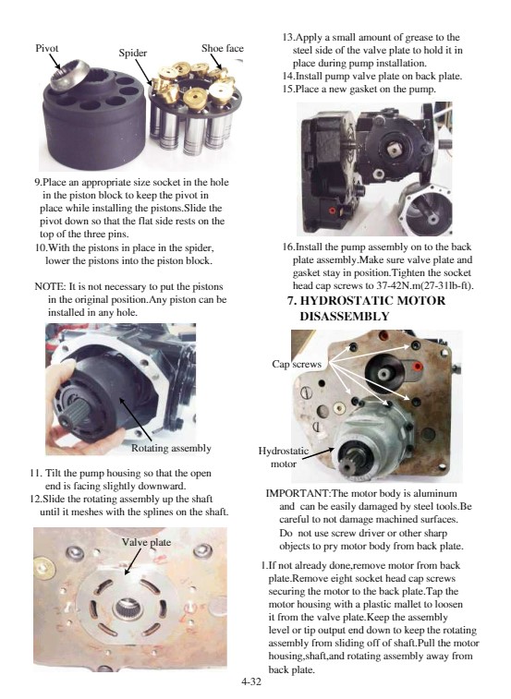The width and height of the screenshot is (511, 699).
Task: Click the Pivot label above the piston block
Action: coord(47,48)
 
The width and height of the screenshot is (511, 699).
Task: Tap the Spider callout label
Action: coord(132,53)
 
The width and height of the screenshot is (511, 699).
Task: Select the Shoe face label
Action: coord(223,48)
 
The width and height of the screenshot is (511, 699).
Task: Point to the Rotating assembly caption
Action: coord(171,448)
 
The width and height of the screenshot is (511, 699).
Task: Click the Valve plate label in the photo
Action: coord(146,542)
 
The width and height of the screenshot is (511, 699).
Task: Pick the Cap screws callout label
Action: coord(297,364)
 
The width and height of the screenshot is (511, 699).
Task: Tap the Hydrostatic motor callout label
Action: coord(284,457)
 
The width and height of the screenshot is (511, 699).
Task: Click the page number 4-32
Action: coord(251,681)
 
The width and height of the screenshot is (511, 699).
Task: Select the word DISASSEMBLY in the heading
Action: coord(345,316)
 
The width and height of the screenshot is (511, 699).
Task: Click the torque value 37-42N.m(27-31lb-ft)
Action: coord(425,285)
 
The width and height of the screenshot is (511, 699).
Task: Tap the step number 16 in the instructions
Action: coord(288,247)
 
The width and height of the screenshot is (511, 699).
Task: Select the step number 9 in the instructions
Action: coord(38,182)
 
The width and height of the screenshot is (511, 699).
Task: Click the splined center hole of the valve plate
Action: coord(128,609)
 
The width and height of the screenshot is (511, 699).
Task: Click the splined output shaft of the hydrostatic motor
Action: coord(348,461)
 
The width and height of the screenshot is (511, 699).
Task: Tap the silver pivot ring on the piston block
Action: coord(70,74)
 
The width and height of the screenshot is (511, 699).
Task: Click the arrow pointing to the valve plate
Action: coord(132,561)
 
